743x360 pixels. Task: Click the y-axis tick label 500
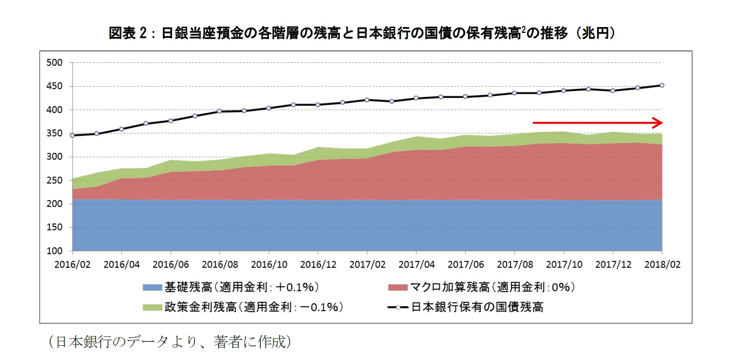click(55, 63)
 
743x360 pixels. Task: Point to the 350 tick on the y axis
click(55, 133)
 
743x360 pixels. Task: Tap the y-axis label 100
click(55, 251)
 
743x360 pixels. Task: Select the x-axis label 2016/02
click(72, 265)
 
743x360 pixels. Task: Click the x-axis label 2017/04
click(416, 265)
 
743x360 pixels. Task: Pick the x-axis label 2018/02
click(662, 265)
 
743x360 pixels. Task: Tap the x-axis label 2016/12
click(318, 265)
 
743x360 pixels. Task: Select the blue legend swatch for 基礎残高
click(152, 287)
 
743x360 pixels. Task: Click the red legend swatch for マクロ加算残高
click(397, 287)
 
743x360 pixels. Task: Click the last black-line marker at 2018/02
click(662, 85)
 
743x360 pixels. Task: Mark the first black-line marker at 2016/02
click(72, 135)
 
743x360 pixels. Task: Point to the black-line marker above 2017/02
click(367, 100)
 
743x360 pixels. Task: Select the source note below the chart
click(170, 342)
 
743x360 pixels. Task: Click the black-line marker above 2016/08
click(220, 111)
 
